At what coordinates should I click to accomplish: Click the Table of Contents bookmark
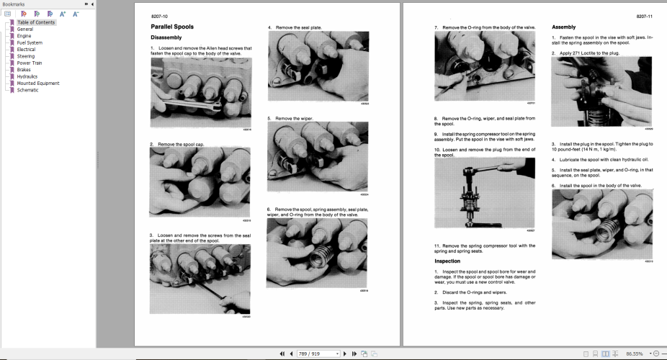[x=35, y=22]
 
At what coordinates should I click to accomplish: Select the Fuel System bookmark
[x=30, y=42]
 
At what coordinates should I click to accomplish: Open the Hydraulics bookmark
[x=27, y=76]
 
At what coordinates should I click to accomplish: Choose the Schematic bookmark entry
[x=28, y=90]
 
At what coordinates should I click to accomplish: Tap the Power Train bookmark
[x=30, y=63]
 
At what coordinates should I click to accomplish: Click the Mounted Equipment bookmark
[x=38, y=83]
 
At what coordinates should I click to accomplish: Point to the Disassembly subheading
[x=166, y=37]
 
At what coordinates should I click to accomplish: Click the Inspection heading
[x=447, y=261]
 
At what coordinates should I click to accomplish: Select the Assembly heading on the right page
[x=563, y=27]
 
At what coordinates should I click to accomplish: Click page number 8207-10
[x=159, y=15]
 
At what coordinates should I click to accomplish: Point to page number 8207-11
[x=644, y=15]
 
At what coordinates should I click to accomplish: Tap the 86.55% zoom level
[x=634, y=354]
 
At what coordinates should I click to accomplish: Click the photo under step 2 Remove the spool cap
[x=200, y=182]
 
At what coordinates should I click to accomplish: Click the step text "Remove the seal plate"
[x=297, y=27]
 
